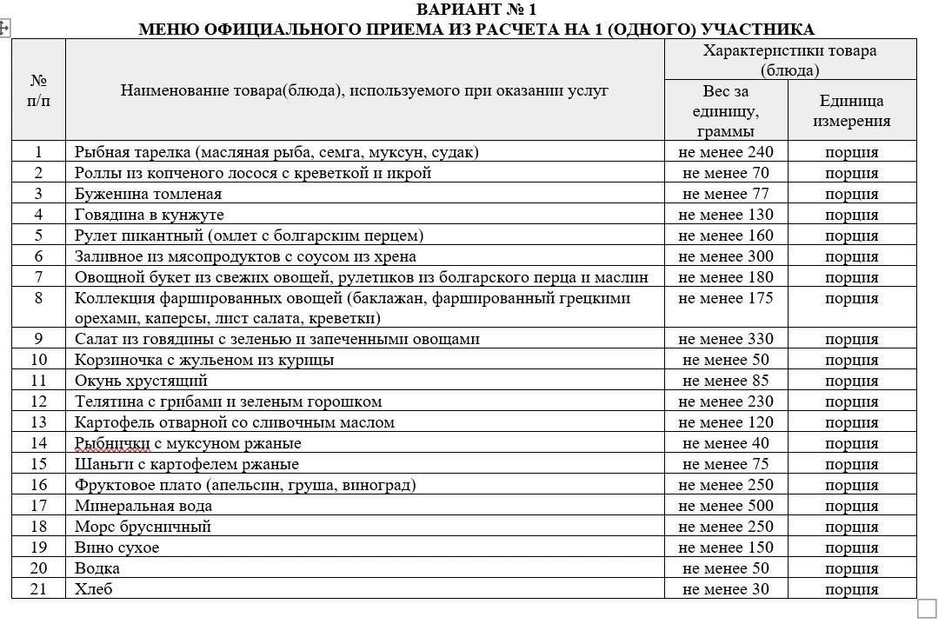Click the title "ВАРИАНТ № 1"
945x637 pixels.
(x=476, y=10)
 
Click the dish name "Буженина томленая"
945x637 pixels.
(x=148, y=194)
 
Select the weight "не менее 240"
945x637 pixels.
(x=726, y=152)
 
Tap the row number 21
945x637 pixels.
(x=38, y=589)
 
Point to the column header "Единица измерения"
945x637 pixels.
(x=851, y=111)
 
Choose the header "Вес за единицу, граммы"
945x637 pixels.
(x=726, y=111)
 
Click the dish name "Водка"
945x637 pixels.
(x=97, y=568)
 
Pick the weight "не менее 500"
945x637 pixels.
(x=726, y=506)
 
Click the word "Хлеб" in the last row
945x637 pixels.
(x=94, y=589)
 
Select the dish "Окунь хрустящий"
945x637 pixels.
(x=141, y=381)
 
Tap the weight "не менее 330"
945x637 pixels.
(x=726, y=339)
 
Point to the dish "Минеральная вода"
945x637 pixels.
(x=143, y=506)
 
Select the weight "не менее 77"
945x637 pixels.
(x=726, y=194)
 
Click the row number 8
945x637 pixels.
(x=38, y=298)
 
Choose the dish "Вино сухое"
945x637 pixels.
(x=116, y=547)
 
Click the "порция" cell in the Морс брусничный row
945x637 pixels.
(x=851, y=527)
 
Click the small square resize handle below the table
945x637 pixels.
(x=927, y=608)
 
